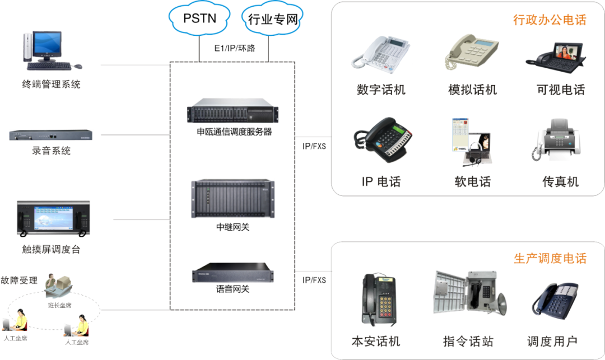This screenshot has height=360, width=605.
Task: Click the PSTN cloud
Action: pos(200,18)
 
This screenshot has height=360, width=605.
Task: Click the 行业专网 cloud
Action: pos(272,20)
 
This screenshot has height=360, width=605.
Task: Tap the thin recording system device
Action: pos(51,135)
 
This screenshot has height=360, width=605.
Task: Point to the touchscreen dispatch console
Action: pos(51,220)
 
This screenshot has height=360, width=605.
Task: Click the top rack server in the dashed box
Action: pos(232,110)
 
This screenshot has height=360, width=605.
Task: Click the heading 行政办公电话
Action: pos(550,20)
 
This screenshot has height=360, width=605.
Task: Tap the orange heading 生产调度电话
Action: pos(550,259)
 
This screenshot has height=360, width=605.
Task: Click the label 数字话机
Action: pos(381,90)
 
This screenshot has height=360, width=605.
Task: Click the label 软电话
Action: pos(472,181)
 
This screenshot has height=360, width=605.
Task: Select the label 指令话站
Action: pos(468,341)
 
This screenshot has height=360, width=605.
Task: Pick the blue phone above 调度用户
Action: pos(555,301)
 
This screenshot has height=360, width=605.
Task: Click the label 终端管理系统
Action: pos(52,85)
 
